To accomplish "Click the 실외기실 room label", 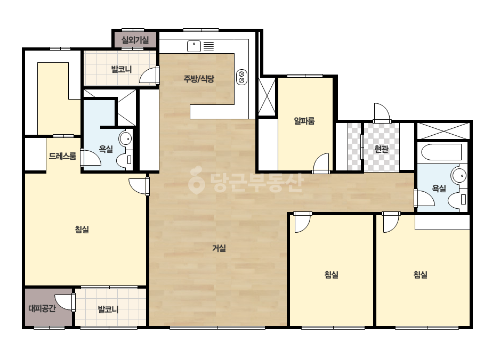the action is [x=135, y=40].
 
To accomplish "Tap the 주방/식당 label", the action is [x=199, y=79].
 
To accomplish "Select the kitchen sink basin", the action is [x=194, y=46].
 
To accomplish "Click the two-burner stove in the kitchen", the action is [x=241, y=77].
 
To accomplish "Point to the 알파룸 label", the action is [x=304, y=121].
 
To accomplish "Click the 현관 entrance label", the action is [x=381, y=149].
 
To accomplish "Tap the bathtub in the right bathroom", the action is [x=441, y=152].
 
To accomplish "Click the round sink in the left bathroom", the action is [x=125, y=138].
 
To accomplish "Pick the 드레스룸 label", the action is [x=62, y=156].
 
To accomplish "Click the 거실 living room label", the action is [x=219, y=248].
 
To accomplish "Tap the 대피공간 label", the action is [x=42, y=308].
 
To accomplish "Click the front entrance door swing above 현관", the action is [x=382, y=112].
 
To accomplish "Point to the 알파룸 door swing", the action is [x=321, y=162].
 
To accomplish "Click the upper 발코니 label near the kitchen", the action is [x=122, y=69].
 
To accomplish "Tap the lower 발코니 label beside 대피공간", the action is [x=108, y=309].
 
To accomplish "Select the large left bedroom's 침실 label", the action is [x=82, y=230].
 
